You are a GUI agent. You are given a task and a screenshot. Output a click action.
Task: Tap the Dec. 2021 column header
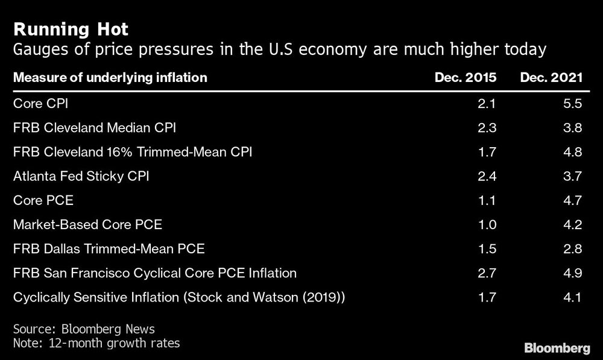click(552, 77)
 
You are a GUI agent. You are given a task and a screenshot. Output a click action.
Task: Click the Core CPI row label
click(40, 103)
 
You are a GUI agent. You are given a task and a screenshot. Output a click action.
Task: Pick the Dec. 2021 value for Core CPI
click(573, 103)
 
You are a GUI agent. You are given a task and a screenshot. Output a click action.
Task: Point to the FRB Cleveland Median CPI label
click(94, 127)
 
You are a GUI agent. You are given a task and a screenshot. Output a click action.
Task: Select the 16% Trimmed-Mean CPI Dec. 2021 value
click(573, 151)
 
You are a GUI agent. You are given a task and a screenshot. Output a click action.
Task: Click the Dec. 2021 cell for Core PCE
click(573, 200)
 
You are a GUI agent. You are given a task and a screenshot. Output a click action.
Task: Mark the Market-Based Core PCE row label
click(87, 224)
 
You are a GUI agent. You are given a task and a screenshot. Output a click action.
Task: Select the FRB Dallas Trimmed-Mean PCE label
click(109, 248)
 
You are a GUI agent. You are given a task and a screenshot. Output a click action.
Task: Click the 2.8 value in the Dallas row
click(573, 248)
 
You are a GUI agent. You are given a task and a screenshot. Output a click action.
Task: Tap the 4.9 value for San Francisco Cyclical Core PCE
click(573, 273)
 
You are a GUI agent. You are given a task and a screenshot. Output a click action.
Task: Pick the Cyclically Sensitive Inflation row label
click(178, 297)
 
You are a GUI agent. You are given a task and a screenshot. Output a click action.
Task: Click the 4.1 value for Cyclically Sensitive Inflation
click(573, 297)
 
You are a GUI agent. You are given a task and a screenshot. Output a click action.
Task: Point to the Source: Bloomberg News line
click(84, 329)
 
